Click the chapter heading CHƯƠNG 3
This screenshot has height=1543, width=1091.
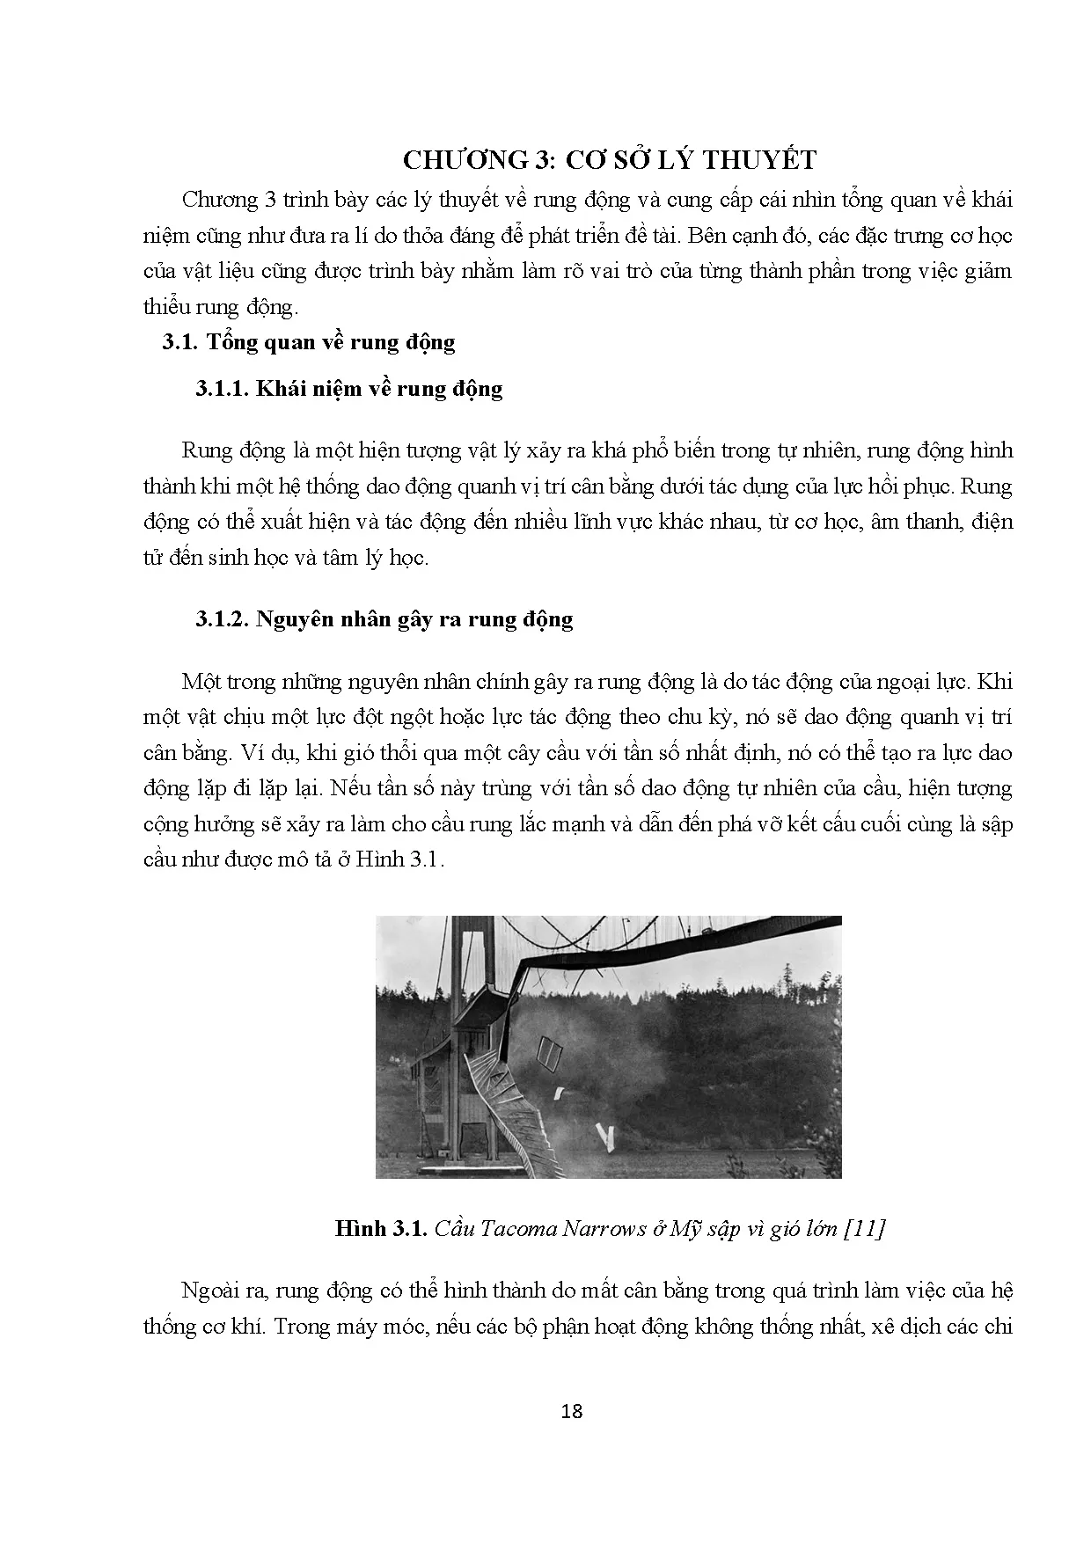tap(479, 160)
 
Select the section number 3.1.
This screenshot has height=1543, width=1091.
tap(181, 342)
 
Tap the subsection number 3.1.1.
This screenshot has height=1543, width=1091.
tap(223, 389)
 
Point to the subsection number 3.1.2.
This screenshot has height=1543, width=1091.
tap(223, 619)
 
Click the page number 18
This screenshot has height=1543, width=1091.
tap(571, 1412)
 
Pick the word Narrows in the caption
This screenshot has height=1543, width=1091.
tap(603, 1229)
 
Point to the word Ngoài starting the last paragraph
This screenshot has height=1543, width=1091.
tap(209, 1291)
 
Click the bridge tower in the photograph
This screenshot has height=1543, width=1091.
tap(458, 1038)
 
